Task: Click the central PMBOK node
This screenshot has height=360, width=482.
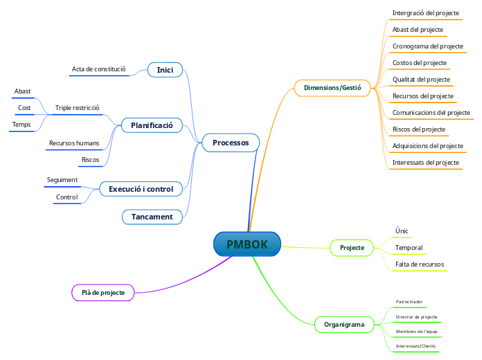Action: [247, 244]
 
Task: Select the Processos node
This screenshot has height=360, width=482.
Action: [231, 143]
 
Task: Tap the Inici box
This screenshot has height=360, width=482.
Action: [165, 70]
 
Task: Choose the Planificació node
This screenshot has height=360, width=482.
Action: [152, 125]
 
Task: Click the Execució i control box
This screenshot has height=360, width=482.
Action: [141, 188]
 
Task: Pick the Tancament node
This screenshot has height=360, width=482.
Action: [152, 217]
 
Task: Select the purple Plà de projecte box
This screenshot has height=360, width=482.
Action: [103, 293]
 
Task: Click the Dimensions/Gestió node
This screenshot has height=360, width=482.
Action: [332, 88]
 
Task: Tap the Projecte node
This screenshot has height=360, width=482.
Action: [352, 247]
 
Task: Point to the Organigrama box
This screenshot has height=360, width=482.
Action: [344, 324]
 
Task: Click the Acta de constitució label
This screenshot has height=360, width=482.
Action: [98, 69]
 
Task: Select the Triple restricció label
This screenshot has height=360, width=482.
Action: [78, 108]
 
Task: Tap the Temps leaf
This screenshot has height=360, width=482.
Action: [21, 125]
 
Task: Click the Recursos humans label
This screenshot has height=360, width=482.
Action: [74, 143]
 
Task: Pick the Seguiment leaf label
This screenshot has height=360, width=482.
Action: [62, 180]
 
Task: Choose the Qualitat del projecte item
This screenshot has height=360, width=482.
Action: [421, 80]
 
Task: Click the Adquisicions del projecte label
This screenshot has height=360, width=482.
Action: [427, 146]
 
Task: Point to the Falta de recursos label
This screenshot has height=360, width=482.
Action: [420, 264]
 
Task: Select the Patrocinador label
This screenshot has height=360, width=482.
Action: [409, 302]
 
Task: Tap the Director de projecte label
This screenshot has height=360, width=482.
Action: [416, 317]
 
